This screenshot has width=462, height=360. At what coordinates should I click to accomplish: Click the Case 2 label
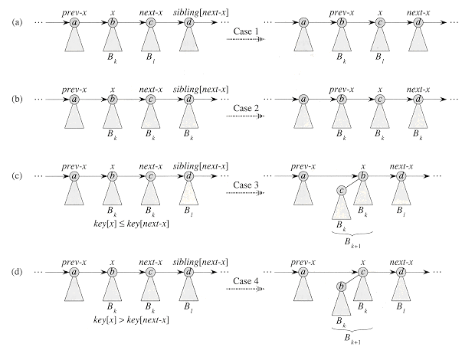coord(244,107)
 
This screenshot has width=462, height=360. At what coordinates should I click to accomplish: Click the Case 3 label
coord(244,184)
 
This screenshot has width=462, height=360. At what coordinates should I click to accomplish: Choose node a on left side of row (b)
coord(74,99)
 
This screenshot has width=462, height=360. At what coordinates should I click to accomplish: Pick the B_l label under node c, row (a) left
coord(151,57)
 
